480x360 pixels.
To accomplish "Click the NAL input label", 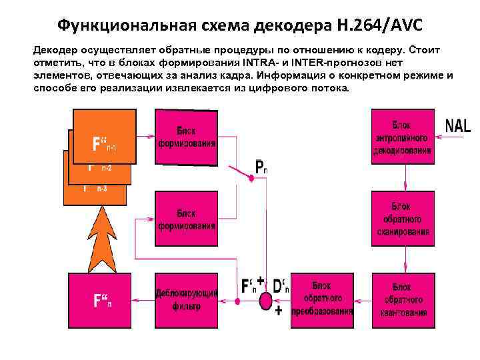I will click(457, 125).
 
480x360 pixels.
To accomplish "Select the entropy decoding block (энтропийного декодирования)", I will click(402, 137).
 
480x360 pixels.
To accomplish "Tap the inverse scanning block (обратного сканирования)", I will click(402, 219).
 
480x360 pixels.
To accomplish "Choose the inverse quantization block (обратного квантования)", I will click(402, 299).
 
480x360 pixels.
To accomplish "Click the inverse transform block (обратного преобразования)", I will click(322, 300).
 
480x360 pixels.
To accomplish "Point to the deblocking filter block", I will click(186, 300).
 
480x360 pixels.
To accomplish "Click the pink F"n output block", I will click(100, 300).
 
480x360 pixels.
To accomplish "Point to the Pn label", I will click(261, 167).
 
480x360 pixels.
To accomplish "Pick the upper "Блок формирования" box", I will click(187, 137).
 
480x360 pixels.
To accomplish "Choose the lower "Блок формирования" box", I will click(187, 219).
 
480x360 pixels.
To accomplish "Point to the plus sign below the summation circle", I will click(278, 311).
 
